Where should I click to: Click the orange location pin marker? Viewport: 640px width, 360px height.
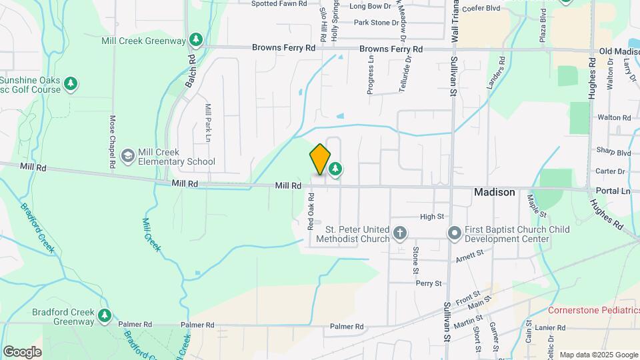click(320, 159)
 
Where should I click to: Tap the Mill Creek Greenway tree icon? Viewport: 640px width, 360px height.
click(195, 41)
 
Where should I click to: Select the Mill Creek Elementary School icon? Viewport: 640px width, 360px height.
click(127, 156)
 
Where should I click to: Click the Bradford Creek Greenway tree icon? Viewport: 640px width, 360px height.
click(104, 315)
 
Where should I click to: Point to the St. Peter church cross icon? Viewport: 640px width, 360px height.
click(399, 233)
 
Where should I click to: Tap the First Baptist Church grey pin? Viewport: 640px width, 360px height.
click(455, 233)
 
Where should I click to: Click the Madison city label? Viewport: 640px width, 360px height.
click(494, 192)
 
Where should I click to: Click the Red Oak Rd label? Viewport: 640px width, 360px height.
click(311, 211)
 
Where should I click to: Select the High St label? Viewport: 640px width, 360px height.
click(431, 217)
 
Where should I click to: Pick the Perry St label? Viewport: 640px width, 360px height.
click(429, 283)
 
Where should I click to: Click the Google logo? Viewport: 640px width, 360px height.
click(22, 352)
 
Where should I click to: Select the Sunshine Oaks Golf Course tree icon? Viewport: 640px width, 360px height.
click(71, 84)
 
